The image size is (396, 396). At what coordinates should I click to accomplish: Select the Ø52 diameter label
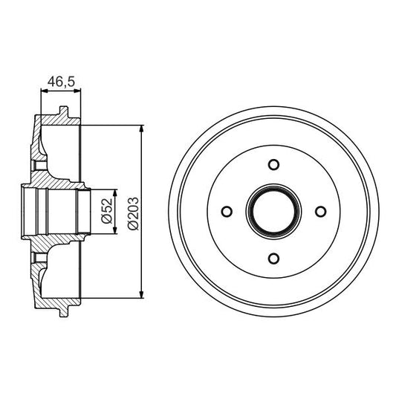point(106,211)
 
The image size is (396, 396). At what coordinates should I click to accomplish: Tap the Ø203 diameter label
point(133,211)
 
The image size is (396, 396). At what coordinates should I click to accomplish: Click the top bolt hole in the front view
point(274,165)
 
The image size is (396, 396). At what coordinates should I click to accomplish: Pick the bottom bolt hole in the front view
point(274,258)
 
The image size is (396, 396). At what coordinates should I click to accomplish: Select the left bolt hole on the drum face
point(228,212)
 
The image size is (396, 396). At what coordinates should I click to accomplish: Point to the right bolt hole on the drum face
point(321,212)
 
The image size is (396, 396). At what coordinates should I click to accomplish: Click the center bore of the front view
point(274,212)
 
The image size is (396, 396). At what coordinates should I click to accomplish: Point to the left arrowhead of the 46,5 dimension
point(42,90)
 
